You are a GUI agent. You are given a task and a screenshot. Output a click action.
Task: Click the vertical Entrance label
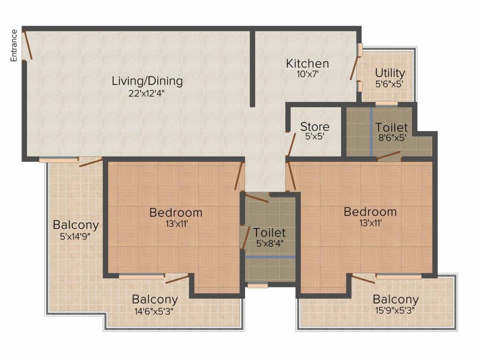pyautogui.click(x=14, y=45)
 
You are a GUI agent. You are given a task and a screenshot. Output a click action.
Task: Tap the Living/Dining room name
pyautogui.click(x=147, y=81)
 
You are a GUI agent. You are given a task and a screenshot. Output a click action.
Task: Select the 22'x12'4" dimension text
pyautogui.click(x=147, y=93)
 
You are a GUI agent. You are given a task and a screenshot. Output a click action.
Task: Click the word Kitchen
pyautogui.click(x=307, y=64)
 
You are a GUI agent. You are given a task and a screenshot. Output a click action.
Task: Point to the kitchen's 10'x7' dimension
pyautogui.click(x=307, y=74)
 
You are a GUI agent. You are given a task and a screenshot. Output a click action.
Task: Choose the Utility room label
pyautogui.click(x=390, y=73)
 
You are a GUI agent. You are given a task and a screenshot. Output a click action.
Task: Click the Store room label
pyautogui.click(x=315, y=127)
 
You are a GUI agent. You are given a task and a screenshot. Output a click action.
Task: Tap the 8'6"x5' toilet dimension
pyautogui.click(x=392, y=138)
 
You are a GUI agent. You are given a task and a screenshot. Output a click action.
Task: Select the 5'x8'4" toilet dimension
pyautogui.click(x=270, y=244)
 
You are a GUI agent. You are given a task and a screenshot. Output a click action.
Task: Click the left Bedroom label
pyautogui.click(x=176, y=212)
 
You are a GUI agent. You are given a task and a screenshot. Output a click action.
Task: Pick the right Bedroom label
pyautogui.click(x=370, y=212)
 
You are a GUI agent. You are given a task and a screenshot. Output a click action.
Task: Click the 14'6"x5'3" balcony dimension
pyautogui.click(x=154, y=312)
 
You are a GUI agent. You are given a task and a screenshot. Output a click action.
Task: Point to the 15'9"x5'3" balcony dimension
pyautogui.click(x=395, y=311)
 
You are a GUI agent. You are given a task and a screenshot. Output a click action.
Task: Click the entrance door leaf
pyautogui.click(x=28, y=45)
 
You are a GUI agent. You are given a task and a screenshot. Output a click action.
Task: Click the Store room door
pyautogui.click(x=292, y=144)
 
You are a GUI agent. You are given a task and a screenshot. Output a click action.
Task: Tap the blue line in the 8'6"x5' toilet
pyautogui.click(x=371, y=132)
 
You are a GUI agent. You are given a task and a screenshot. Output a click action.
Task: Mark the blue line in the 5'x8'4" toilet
pyautogui.click(x=270, y=257)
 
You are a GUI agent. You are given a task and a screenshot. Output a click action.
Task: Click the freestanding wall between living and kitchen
pyautogui.click(x=253, y=69)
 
